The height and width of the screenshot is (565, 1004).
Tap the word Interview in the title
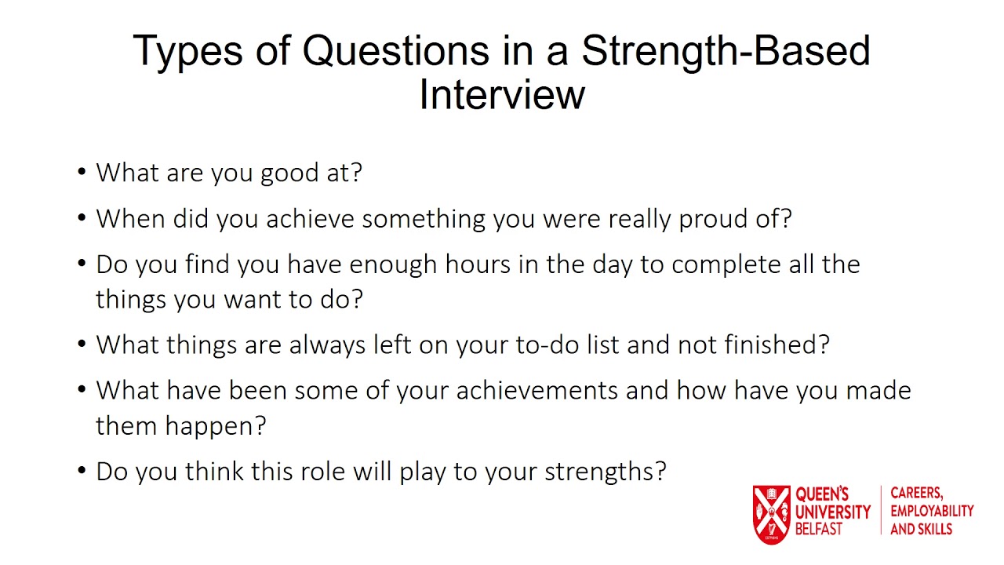(502, 95)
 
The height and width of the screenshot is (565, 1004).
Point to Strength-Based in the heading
(726, 52)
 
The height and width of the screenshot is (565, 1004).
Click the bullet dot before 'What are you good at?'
(82, 173)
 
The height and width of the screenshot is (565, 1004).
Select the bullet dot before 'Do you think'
(82, 472)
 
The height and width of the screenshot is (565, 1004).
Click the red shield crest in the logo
(771, 514)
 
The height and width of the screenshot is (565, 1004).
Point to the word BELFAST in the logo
(818, 530)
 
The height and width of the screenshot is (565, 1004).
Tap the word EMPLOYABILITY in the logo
(932, 511)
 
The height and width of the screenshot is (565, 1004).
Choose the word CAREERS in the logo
(916, 494)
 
